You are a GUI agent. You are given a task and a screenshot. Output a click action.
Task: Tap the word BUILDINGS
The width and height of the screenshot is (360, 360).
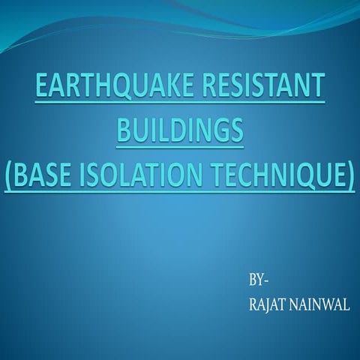[180, 133]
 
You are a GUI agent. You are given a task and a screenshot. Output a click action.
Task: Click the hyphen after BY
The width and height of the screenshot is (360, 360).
[265, 282]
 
